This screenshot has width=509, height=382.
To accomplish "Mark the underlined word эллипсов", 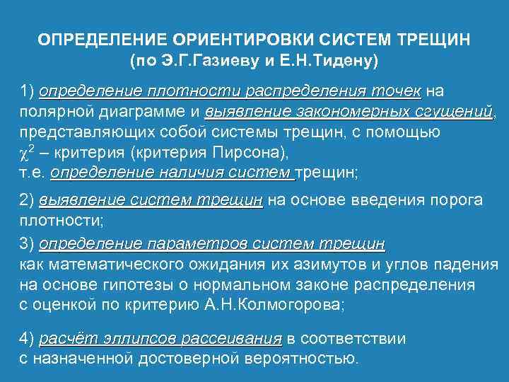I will click(141, 338).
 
